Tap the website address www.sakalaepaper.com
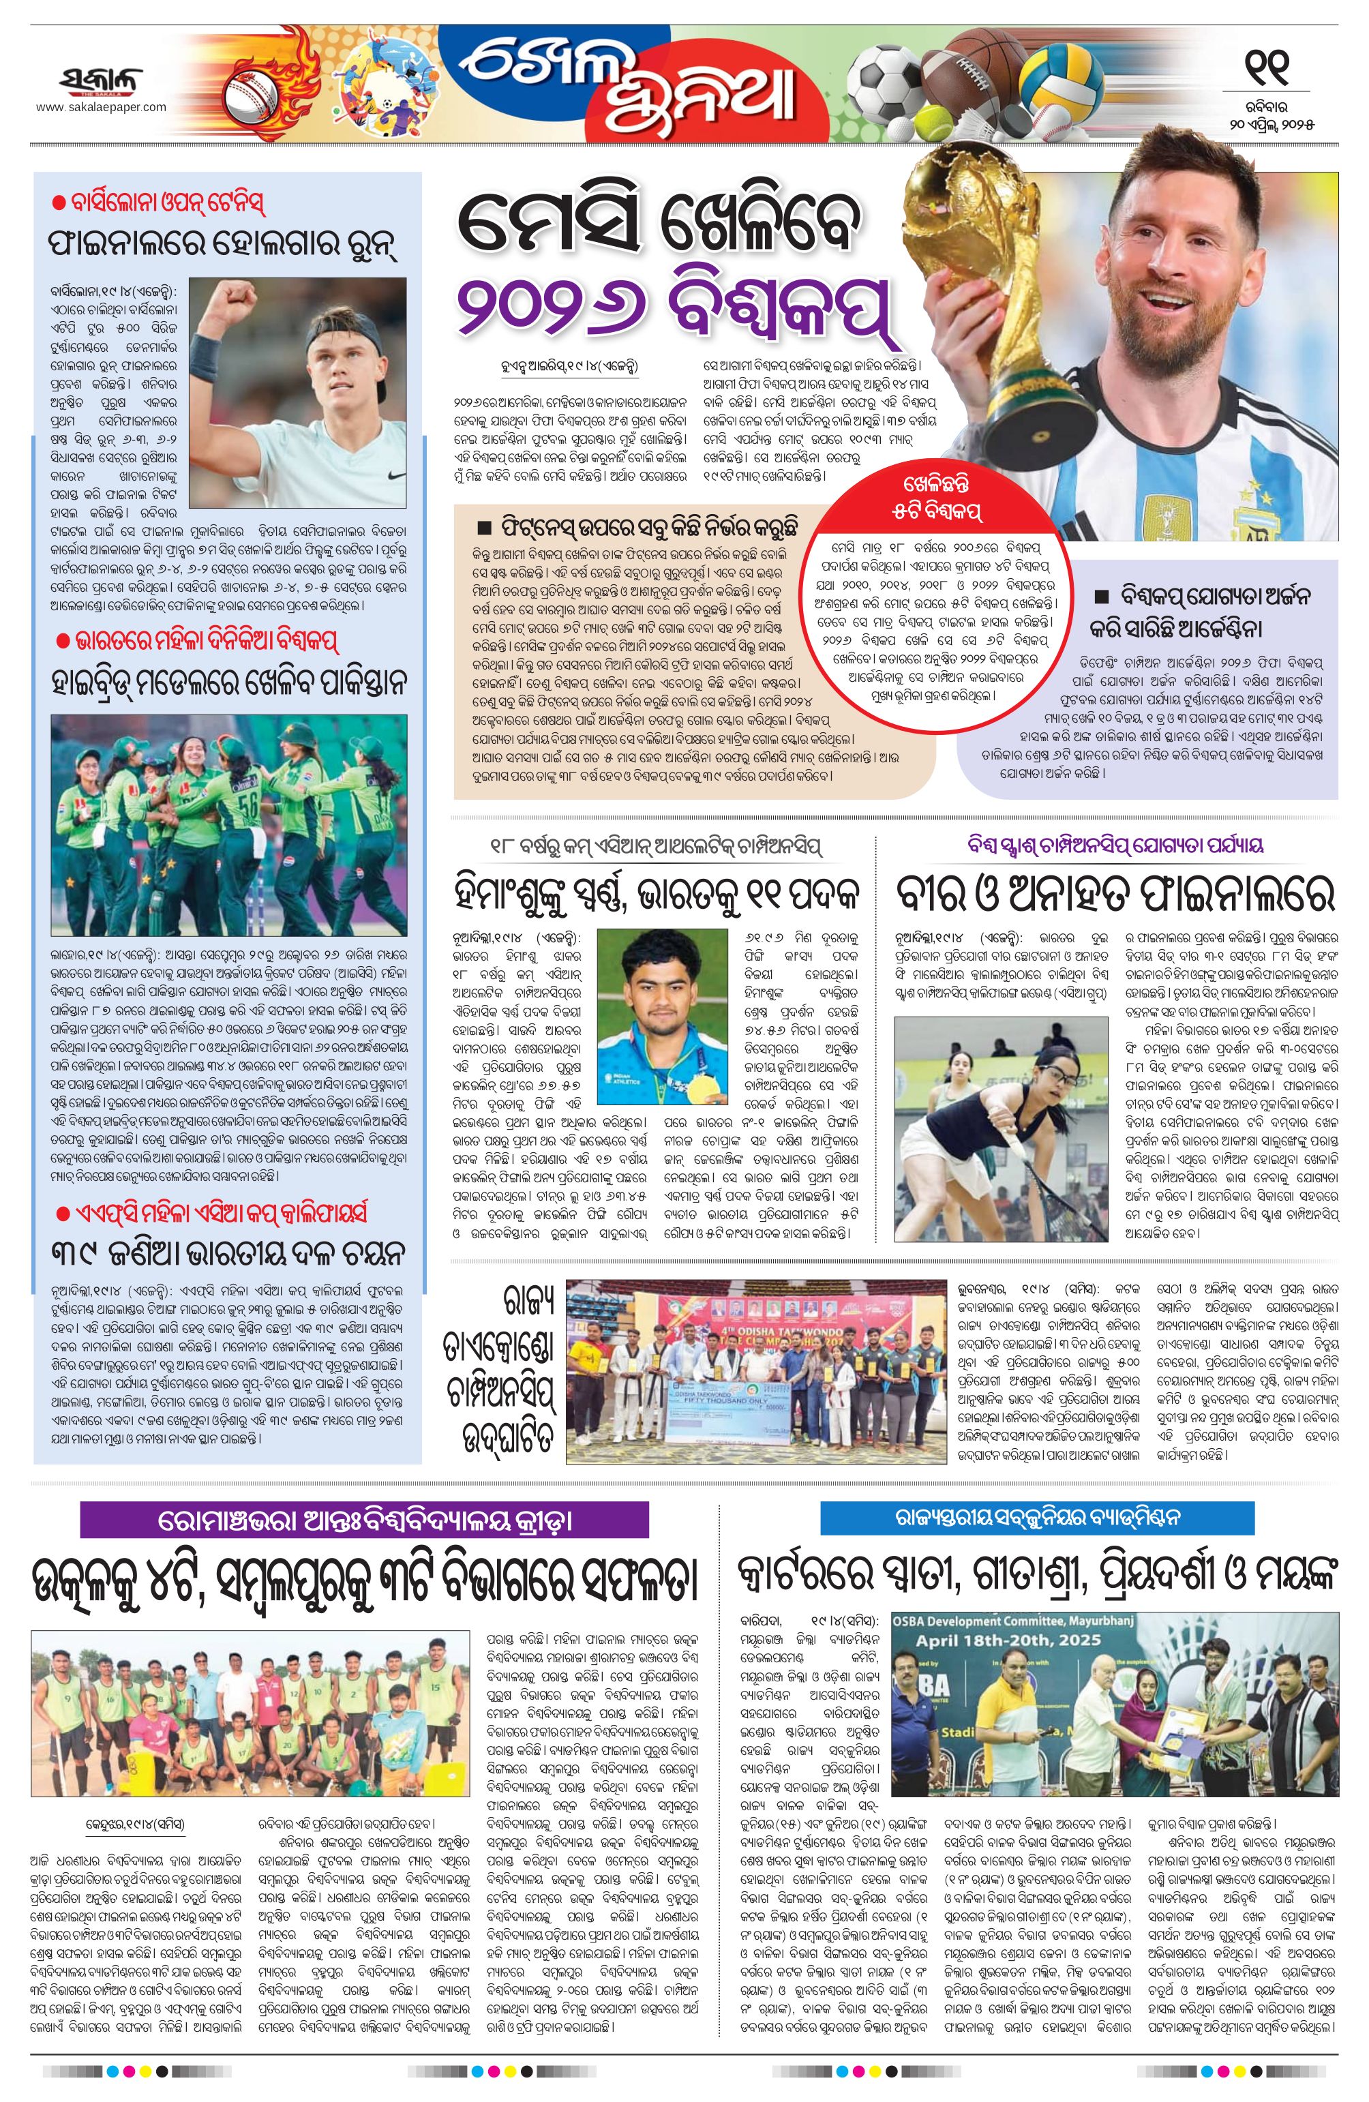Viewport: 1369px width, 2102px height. click(x=101, y=107)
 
